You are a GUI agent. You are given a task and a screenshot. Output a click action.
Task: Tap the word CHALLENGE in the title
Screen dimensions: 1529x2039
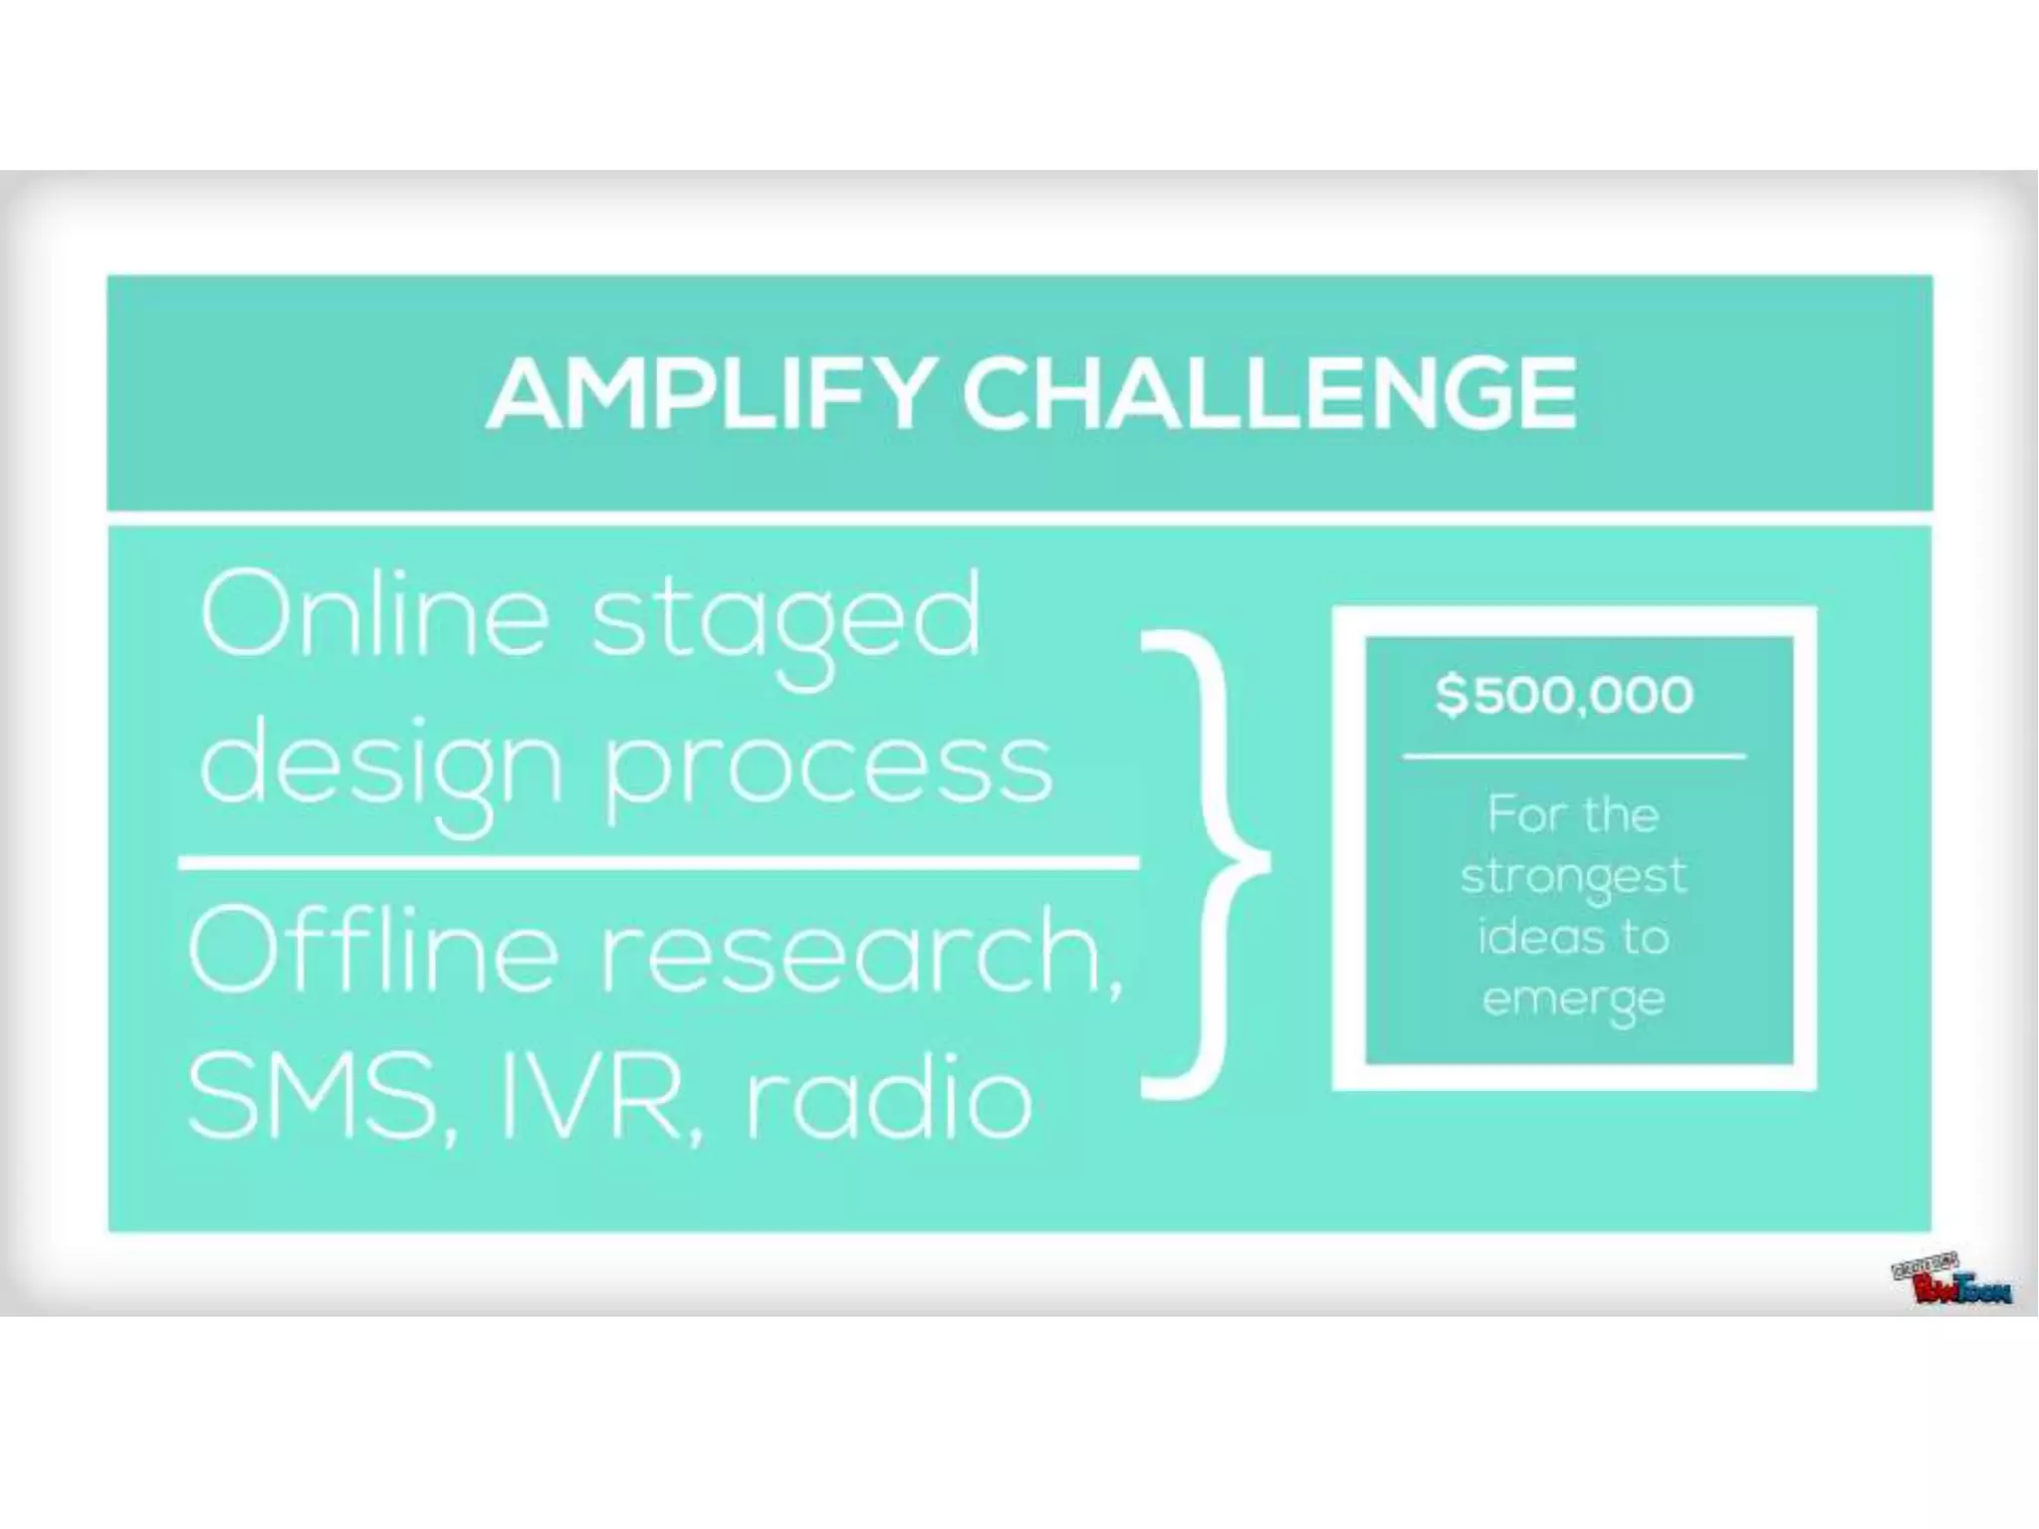1269,395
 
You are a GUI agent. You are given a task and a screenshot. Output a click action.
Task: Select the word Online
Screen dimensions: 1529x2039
374,615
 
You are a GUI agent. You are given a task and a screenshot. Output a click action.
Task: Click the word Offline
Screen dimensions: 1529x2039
374,951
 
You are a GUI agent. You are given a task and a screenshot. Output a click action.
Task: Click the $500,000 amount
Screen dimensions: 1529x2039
1564,695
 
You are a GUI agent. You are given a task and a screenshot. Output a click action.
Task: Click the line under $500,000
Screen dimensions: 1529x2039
1574,758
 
